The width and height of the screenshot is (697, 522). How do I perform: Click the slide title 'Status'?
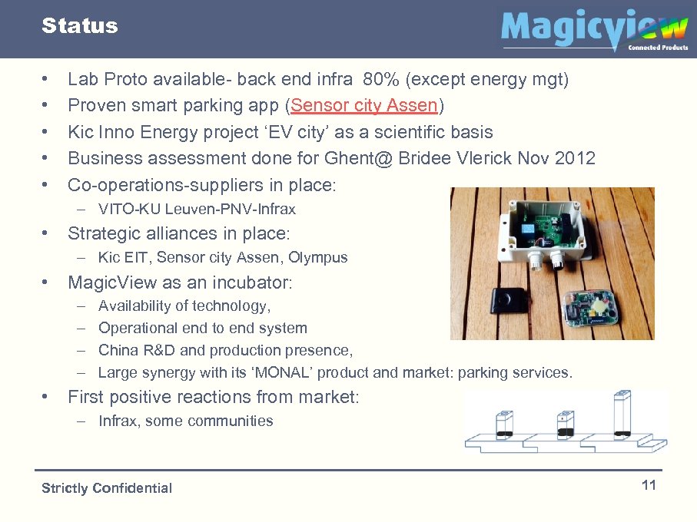80,26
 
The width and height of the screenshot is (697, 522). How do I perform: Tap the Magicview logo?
594,30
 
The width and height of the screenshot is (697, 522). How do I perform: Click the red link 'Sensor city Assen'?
364,105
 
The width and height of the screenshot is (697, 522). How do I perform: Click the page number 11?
649,485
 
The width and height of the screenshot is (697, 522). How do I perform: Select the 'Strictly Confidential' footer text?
107,488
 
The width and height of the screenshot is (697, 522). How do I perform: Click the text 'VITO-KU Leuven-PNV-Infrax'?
197,209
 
